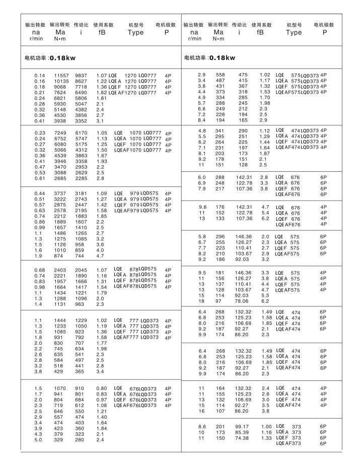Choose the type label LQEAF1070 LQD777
(137, 150)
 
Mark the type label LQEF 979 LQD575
(135, 205)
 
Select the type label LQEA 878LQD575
(135, 274)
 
